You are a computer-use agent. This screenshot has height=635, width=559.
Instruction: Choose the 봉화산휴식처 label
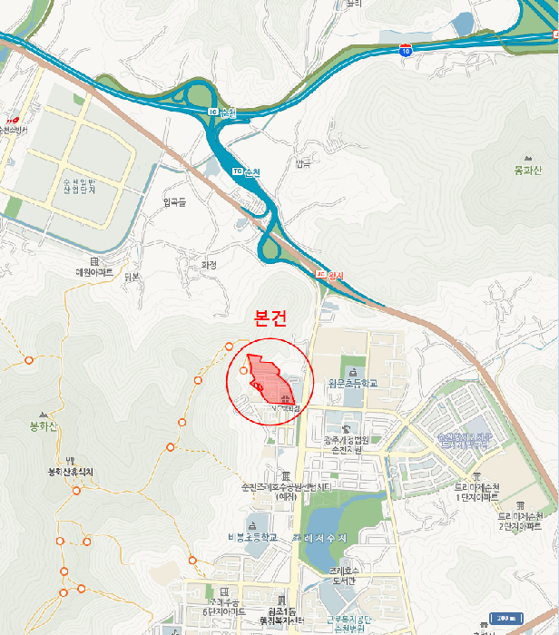(71, 472)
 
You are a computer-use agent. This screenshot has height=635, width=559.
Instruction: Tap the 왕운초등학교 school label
(352, 383)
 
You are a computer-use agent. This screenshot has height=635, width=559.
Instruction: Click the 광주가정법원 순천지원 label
(343, 444)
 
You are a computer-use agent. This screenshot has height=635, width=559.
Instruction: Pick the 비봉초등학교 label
(251, 537)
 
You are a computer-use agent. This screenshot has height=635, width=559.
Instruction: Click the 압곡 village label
(302, 164)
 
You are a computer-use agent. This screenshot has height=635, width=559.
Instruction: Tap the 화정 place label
(209, 265)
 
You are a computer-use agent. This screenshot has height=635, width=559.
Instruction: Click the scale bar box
(505, 619)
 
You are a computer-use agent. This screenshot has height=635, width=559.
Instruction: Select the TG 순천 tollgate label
(247, 171)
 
